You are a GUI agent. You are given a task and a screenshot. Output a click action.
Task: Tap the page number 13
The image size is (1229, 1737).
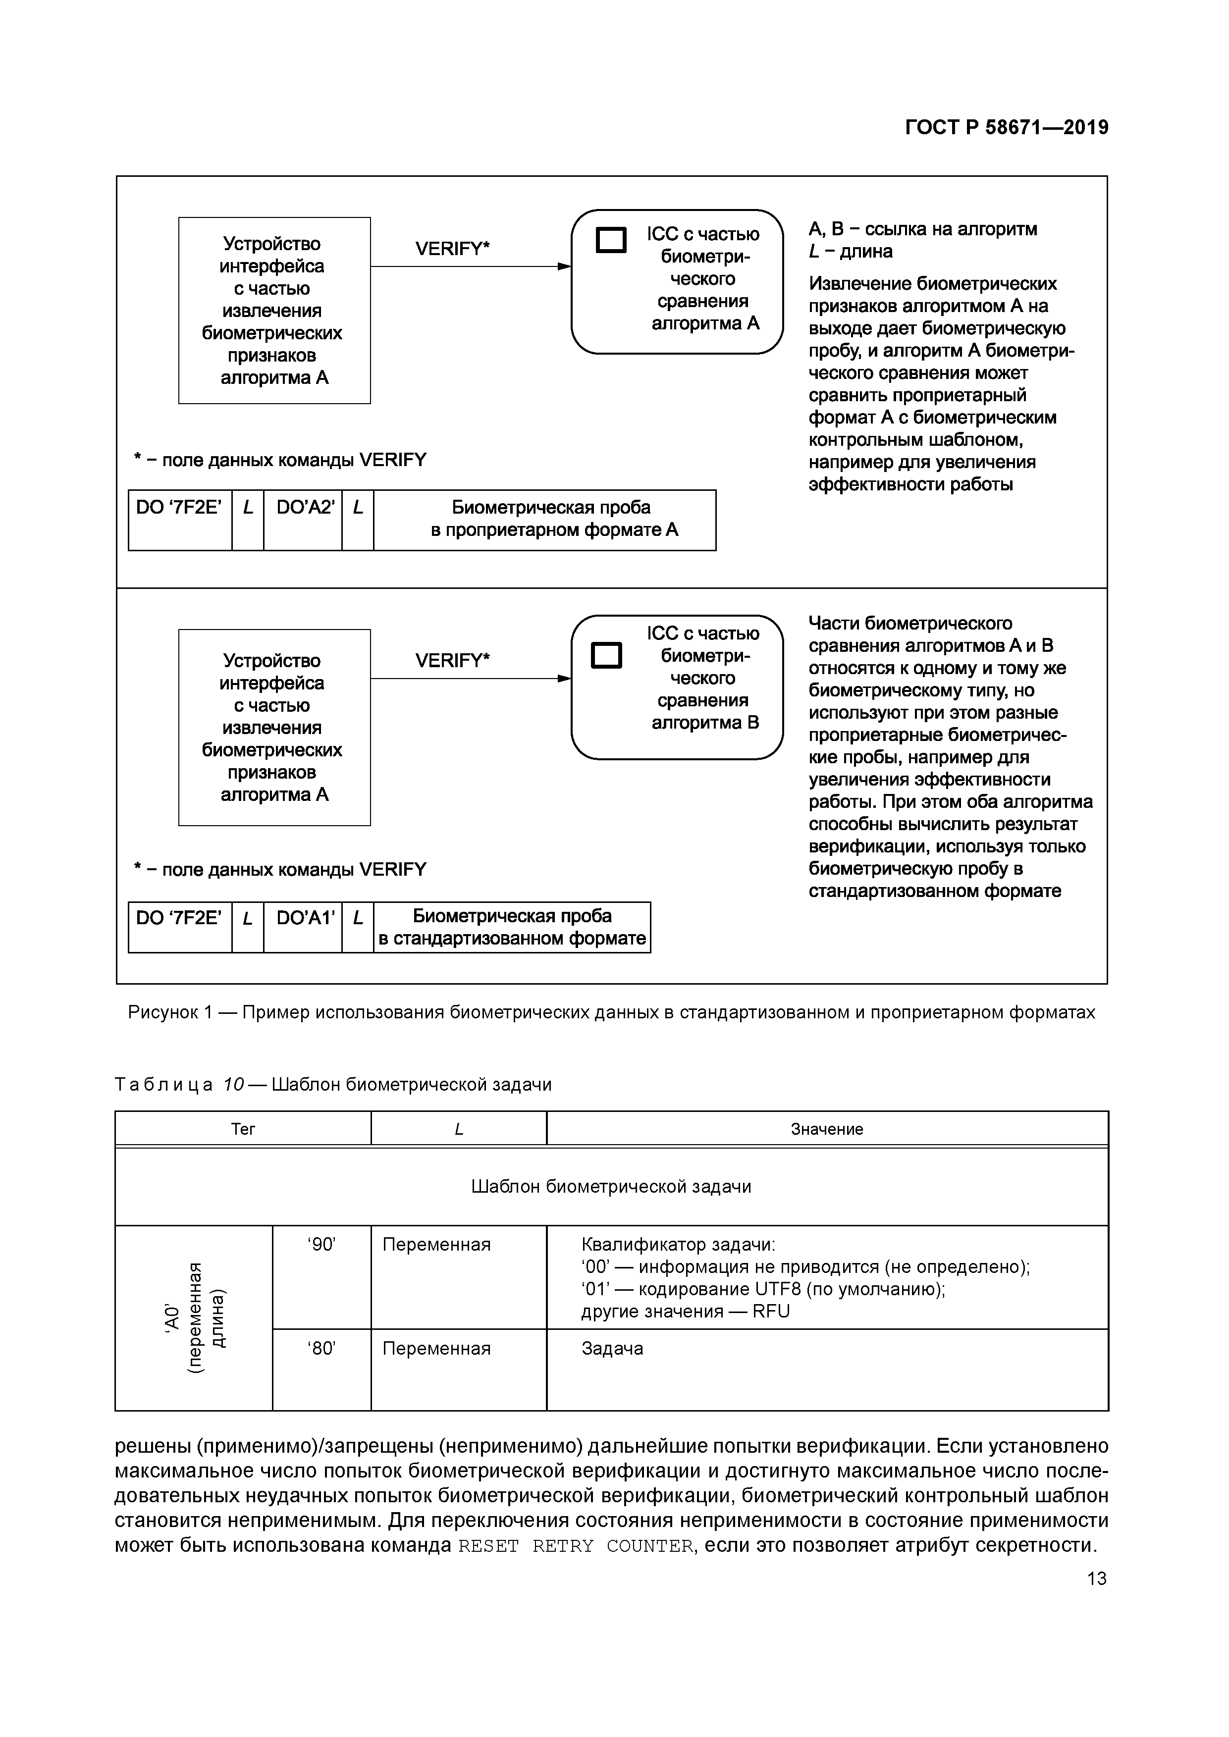click(1096, 1578)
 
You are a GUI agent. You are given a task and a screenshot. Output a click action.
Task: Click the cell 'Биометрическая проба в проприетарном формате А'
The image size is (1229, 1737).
click(544, 519)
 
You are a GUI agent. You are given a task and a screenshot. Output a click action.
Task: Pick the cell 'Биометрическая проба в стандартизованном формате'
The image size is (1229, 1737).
click(512, 927)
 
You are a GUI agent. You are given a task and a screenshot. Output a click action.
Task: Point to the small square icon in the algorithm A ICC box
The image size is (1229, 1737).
click(611, 240)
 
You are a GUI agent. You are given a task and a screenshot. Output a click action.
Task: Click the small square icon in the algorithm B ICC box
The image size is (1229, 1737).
click(606, 655)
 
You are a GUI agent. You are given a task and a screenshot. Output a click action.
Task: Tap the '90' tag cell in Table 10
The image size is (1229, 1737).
click(321, 1245)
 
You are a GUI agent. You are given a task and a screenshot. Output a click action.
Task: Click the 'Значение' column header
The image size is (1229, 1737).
click(826, 1129)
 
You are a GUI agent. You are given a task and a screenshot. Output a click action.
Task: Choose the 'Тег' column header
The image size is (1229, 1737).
click(243, 1129)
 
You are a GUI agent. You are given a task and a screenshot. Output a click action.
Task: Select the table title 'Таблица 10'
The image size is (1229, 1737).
click(333, 1085)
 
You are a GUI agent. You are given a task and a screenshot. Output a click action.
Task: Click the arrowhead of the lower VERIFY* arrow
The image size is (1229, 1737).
click(565, 679)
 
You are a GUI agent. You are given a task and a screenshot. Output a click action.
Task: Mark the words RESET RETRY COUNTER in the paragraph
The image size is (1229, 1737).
click(575, 1546)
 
